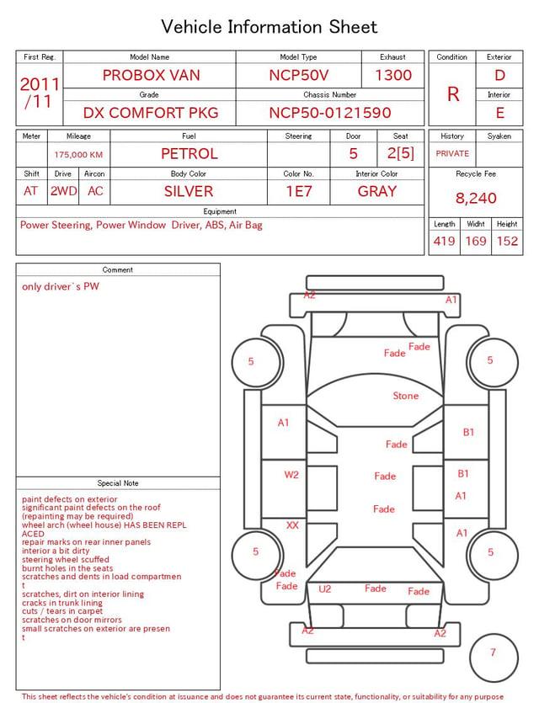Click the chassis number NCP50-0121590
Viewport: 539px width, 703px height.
(330, 113)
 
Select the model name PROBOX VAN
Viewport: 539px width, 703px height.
(151, 75)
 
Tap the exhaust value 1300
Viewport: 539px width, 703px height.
(393, 75)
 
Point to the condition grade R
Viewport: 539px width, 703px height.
(453, 94)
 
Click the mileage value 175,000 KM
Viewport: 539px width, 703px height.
(78, 155)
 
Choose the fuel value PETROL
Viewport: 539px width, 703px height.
(189, 154)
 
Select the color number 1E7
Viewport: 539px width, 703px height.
(299, 191)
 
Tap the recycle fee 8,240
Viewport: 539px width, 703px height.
(476, 198)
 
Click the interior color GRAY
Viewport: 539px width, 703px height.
(377, 191)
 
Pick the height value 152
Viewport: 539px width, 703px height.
(507, 241)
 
